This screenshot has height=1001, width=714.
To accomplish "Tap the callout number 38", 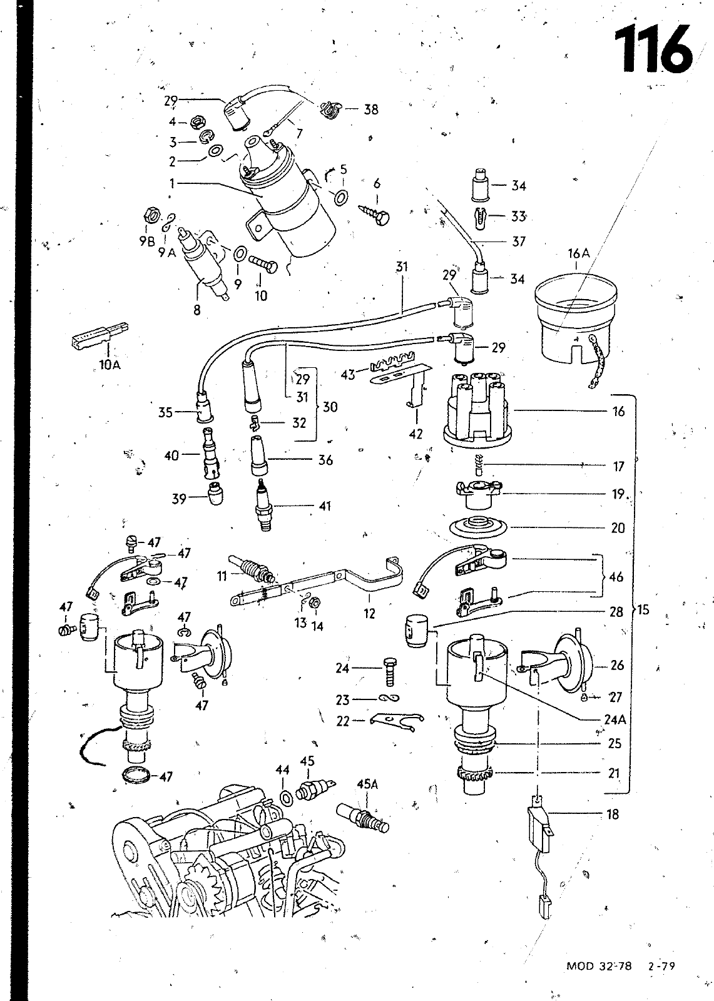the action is click(x=371, y=109).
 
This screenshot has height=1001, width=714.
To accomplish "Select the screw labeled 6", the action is click(x=375, y=214).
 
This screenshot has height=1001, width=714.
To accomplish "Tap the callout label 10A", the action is click(x=110, y=365).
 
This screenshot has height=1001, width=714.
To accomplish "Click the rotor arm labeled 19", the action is click(x=478, y=494).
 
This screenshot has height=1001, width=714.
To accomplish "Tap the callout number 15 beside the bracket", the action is click(x=643, y=609).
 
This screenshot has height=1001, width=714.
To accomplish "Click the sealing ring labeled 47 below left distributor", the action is click(x=136, y=775).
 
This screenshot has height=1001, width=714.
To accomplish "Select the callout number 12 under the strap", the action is click(x=369, y=614).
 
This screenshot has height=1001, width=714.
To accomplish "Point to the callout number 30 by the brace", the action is click(x=330, y=407).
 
